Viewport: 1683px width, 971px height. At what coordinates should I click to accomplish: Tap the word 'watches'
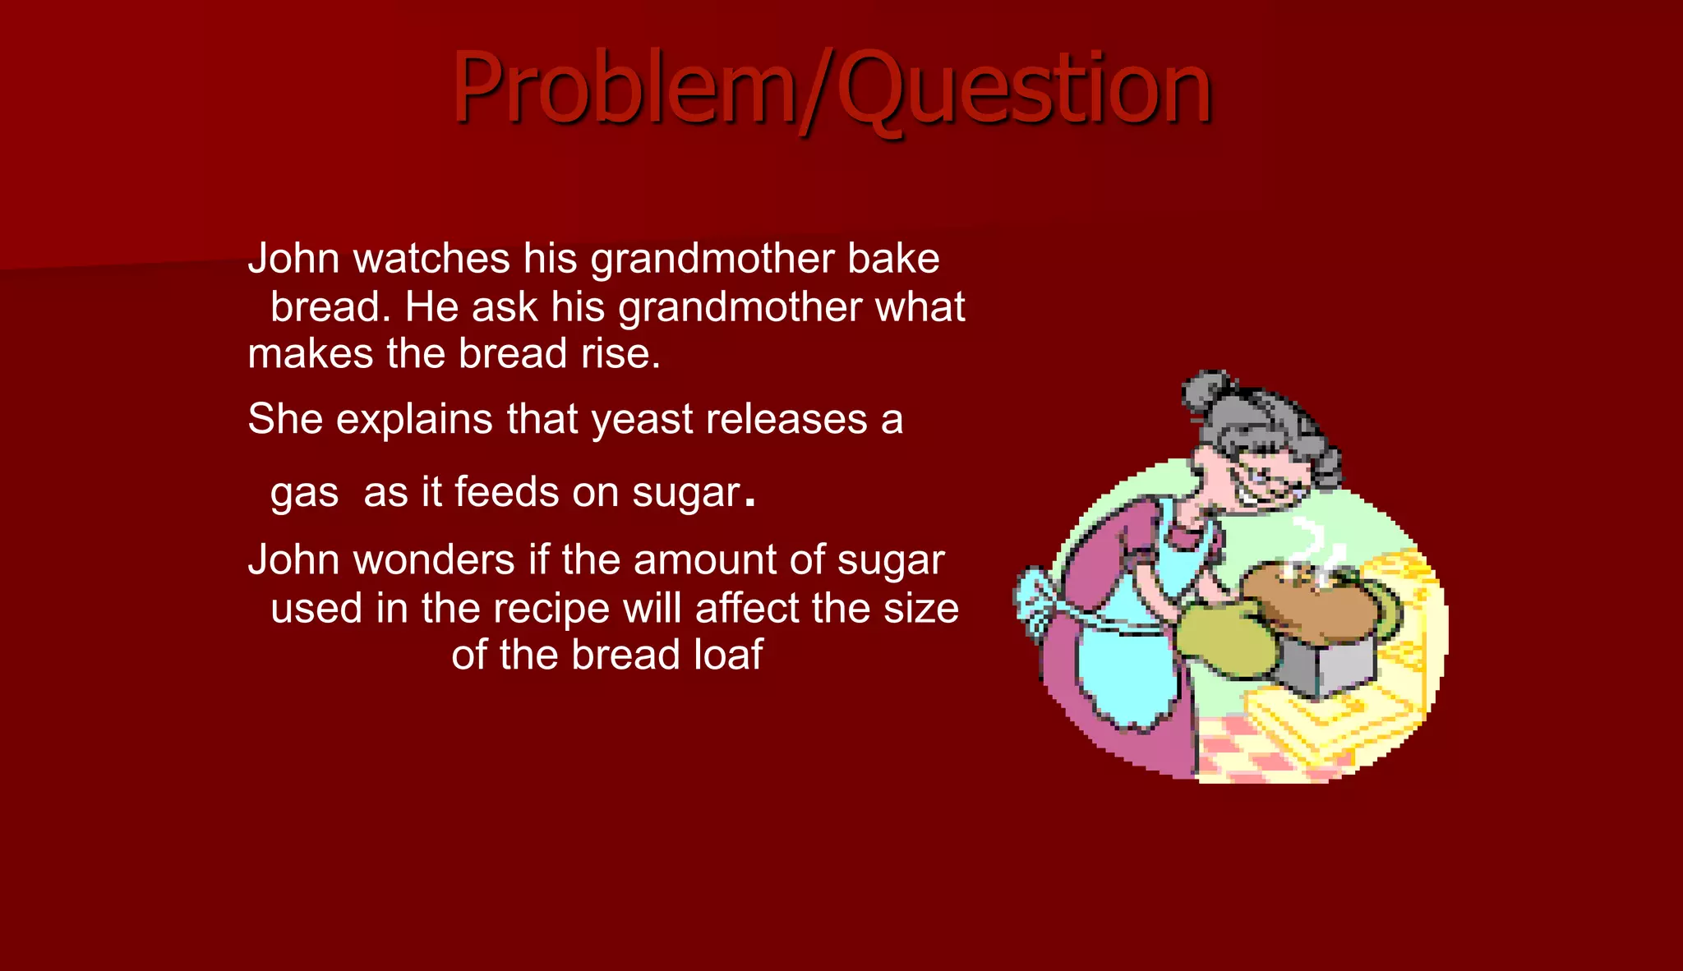click(431, 259)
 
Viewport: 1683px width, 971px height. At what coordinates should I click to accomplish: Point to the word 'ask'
click(504, 307)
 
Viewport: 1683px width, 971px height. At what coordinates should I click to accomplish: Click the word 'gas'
click(304, 494)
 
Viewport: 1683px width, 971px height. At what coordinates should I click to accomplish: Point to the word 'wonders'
click(434, 560)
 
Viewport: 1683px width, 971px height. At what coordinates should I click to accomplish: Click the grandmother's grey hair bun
click(1206, 393)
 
